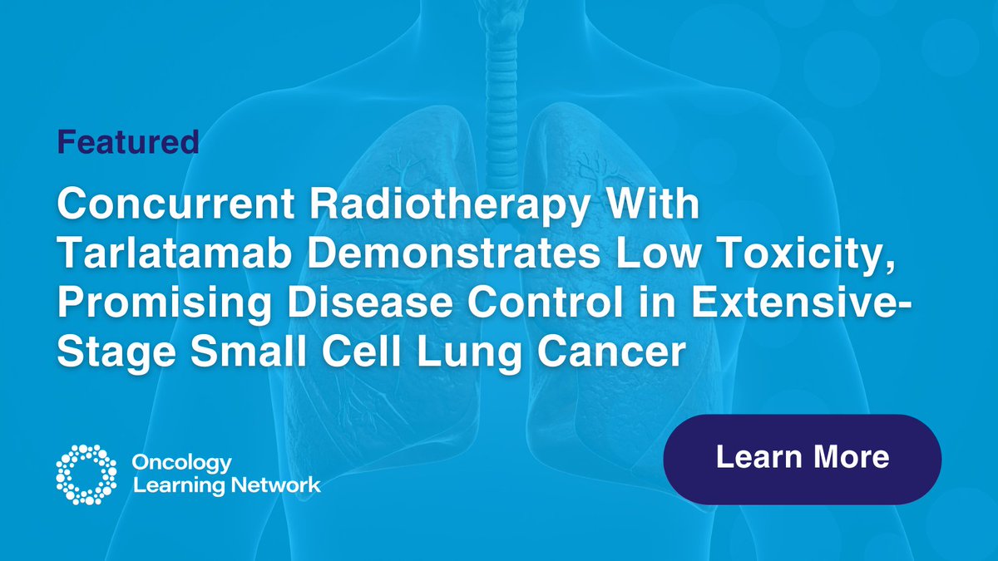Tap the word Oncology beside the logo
[x=183, y=463]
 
